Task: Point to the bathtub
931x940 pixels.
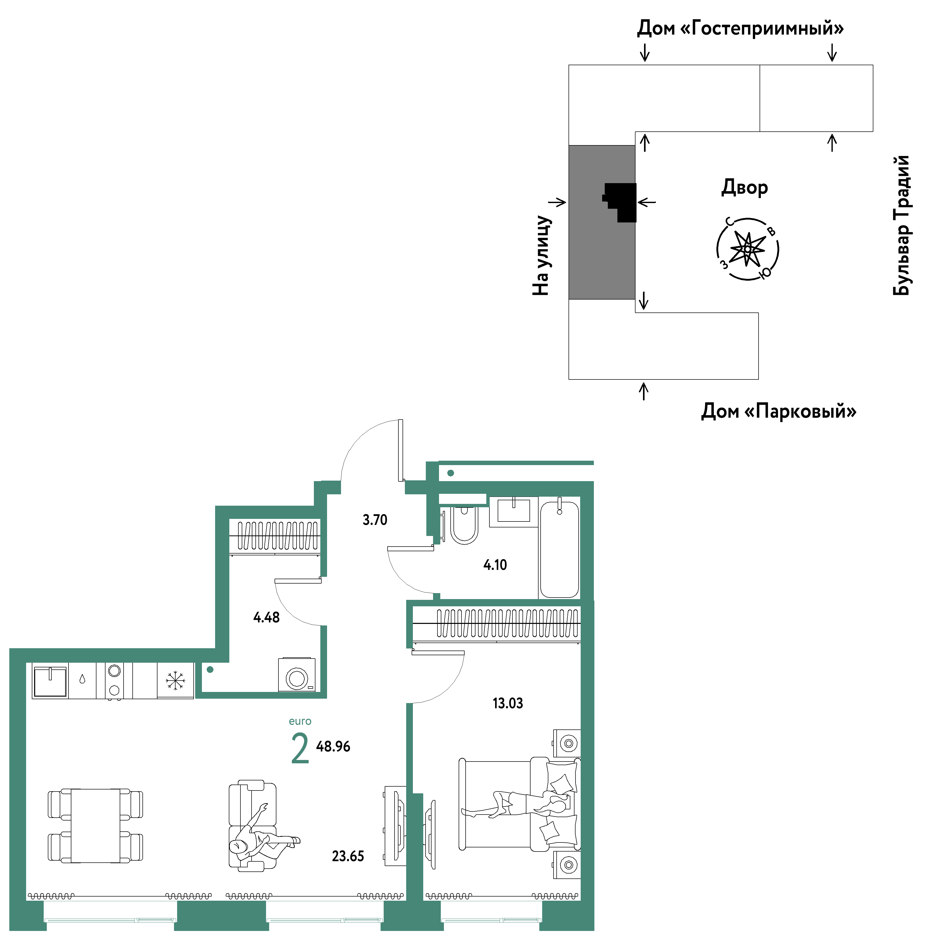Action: click(559, 550)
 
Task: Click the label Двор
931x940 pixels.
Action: click(744, 187)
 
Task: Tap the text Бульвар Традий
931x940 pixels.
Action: click(901, 225)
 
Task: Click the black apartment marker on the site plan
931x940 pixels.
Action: click(620, 202)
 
